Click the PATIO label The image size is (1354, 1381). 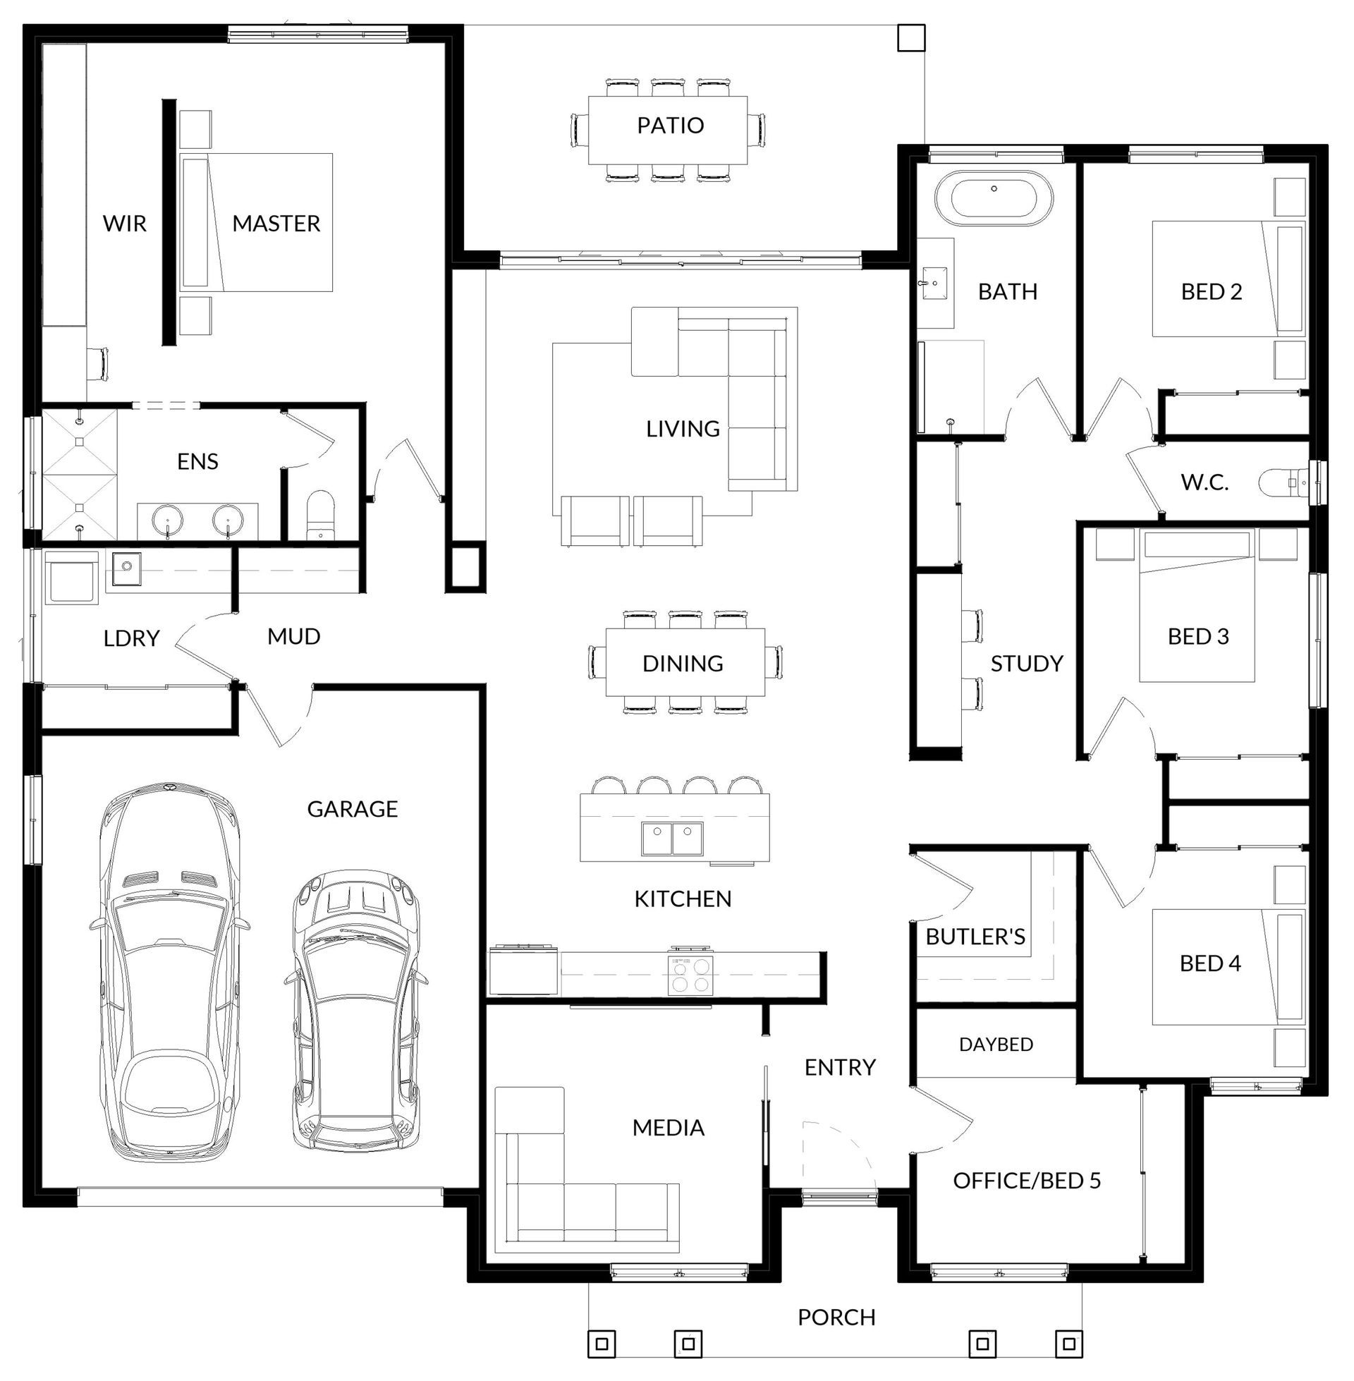pos(670,125)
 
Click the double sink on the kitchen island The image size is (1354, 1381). pos(672,839)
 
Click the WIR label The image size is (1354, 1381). pos(124,224)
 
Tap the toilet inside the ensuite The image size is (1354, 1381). pos(321,518)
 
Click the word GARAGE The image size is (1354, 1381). pos(352,808)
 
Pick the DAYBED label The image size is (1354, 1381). pos(996,1045)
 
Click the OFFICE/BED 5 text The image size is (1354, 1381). pos(1027,1181)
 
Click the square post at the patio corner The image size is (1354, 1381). pos(911,37)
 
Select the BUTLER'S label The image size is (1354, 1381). pos(975,937)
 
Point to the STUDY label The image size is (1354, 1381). pos(1027,664)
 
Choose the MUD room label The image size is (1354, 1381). pos(293,636)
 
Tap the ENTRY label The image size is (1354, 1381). pos(840,1066)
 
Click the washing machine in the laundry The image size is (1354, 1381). pos(72,578)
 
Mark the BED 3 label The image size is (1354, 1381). pos(1198,636)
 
